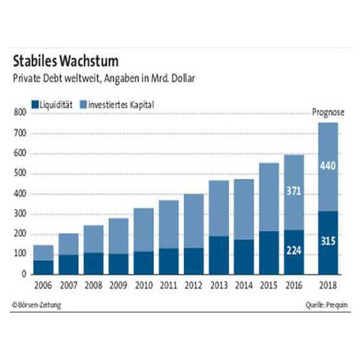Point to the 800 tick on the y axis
pyautogui.click(x=19, y=113)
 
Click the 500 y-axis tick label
pyautogui.click(x=19, y=174)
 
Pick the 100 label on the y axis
pyautogui.click(x=19, y=254)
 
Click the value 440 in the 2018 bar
pyautogui.click(x=328, y=166)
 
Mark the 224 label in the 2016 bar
pyautogui.click(x=293, y=251)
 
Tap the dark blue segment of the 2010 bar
pyautogui.click(x=143, y=263)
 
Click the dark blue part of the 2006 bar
pyautogui.click(x=43, y=267)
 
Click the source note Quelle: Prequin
pyautogui.click(x=326, y=305)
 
